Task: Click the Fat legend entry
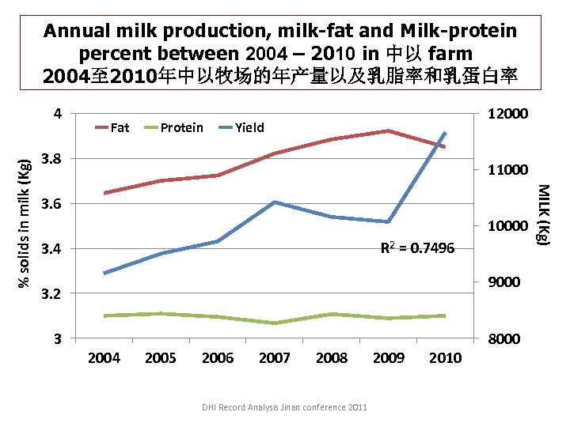pos(112,127)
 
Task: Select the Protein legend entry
pos(173,127)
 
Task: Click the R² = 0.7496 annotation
pos(417,248)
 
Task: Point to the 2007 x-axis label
pos(275,358)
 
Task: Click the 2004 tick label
pos(104,358)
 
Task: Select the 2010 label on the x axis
pos(445,358)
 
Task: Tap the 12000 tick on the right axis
pos(507,114)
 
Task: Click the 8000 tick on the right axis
pos(504,339)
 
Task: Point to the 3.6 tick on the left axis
pos(50,204)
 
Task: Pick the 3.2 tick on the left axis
pos(50,294)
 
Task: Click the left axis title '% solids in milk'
pos(25,224)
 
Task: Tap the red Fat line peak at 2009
pos(388,130)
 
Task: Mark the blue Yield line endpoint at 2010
pos(445,133)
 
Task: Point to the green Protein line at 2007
pos(275,323)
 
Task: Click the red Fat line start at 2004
pos(104,193)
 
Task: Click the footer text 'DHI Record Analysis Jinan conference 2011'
pos(284,407)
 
